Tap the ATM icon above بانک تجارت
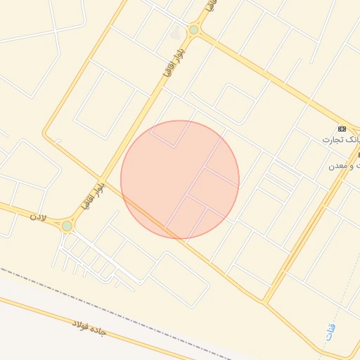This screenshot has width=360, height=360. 342,129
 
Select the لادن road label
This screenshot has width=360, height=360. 37,217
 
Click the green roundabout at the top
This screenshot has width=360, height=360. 193,30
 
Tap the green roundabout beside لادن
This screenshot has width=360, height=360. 67,226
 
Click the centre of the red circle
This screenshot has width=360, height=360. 180,179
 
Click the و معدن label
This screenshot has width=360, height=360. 344,166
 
